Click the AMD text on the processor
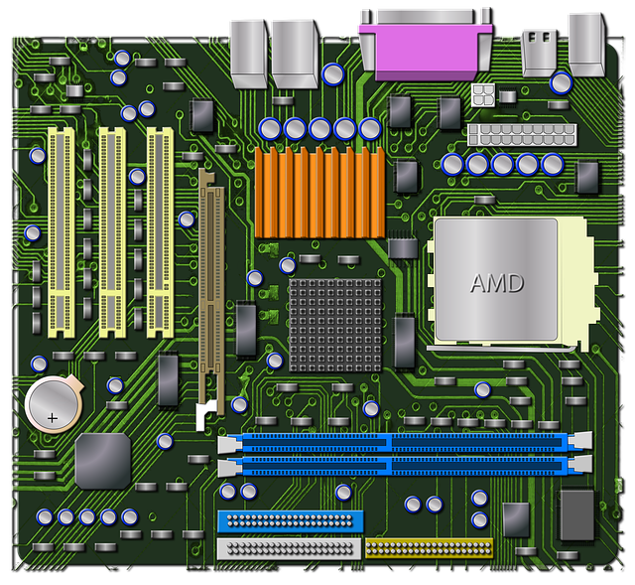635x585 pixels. point(496,283)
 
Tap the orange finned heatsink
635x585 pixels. point(318,192)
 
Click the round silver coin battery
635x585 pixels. point(53,404)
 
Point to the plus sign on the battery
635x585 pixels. point(53,417)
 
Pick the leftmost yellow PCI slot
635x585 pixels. point(62,227)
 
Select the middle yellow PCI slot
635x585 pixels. point(111,227)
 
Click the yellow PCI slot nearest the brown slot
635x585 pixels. point(160,227)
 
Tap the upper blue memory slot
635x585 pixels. point(402,441)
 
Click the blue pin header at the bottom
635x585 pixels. point(290,521)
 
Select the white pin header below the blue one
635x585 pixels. point(288,547)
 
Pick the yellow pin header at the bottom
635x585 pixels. point(428,546)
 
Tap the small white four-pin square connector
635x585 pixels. point(483,95)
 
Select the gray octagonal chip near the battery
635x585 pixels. point(103,460)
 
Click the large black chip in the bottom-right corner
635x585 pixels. point(576,514)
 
